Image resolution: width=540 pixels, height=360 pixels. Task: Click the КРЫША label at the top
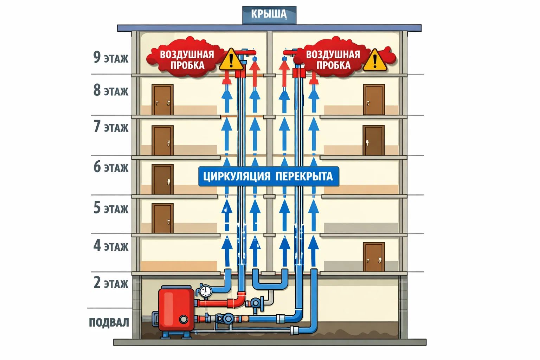point(269,14)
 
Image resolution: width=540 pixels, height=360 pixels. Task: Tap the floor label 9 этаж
point(111,57)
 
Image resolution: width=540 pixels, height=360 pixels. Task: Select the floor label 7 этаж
point(111,127)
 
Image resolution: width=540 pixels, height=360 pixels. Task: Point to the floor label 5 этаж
point(111,208)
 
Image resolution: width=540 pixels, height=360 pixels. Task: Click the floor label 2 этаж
point(111,283)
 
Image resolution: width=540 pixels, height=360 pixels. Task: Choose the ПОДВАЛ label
point(109,322)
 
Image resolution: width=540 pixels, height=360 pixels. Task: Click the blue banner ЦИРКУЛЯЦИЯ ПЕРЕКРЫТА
point(268,176)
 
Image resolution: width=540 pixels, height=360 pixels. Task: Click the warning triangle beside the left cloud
point(231,60)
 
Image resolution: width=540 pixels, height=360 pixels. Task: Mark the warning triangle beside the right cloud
point(375,60)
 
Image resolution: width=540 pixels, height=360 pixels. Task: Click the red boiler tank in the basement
point(176,309)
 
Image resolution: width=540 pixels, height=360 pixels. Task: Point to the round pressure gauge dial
point(205,290)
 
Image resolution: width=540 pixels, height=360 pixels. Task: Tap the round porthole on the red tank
point(183,319)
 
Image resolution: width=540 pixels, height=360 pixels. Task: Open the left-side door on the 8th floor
point(162,100)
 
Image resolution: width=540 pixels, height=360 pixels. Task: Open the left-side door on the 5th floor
point(162,218)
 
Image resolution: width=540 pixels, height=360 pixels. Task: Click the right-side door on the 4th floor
point(374,257)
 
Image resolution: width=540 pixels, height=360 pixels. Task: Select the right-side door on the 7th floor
point(374,141)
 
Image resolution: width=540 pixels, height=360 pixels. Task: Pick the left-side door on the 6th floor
point(162,179)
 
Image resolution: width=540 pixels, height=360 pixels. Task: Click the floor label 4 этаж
point(111,246)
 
